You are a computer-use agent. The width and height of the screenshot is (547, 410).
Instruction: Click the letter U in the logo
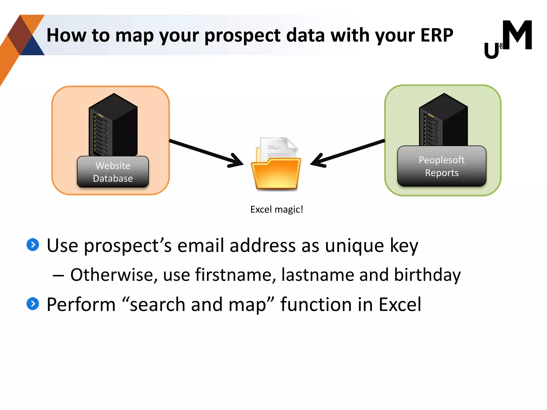pos(491,51)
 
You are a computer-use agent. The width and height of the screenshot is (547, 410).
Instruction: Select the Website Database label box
pos(113,172)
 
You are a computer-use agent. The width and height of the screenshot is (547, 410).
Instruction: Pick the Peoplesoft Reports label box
pos(441,166)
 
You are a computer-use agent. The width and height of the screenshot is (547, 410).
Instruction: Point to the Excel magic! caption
pos(276,210)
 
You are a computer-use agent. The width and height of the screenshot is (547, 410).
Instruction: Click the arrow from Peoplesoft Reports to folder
pos(347,152)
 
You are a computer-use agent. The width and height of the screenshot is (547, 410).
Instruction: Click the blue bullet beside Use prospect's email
pos(33,245)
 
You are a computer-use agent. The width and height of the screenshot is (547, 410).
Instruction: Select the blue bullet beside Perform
pos(33,304)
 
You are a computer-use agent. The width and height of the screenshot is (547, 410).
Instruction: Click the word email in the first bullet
pos(200,246)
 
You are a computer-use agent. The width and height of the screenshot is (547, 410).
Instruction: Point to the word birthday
pos(427,275)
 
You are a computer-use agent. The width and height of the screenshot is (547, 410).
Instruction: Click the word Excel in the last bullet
pos(400,305)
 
